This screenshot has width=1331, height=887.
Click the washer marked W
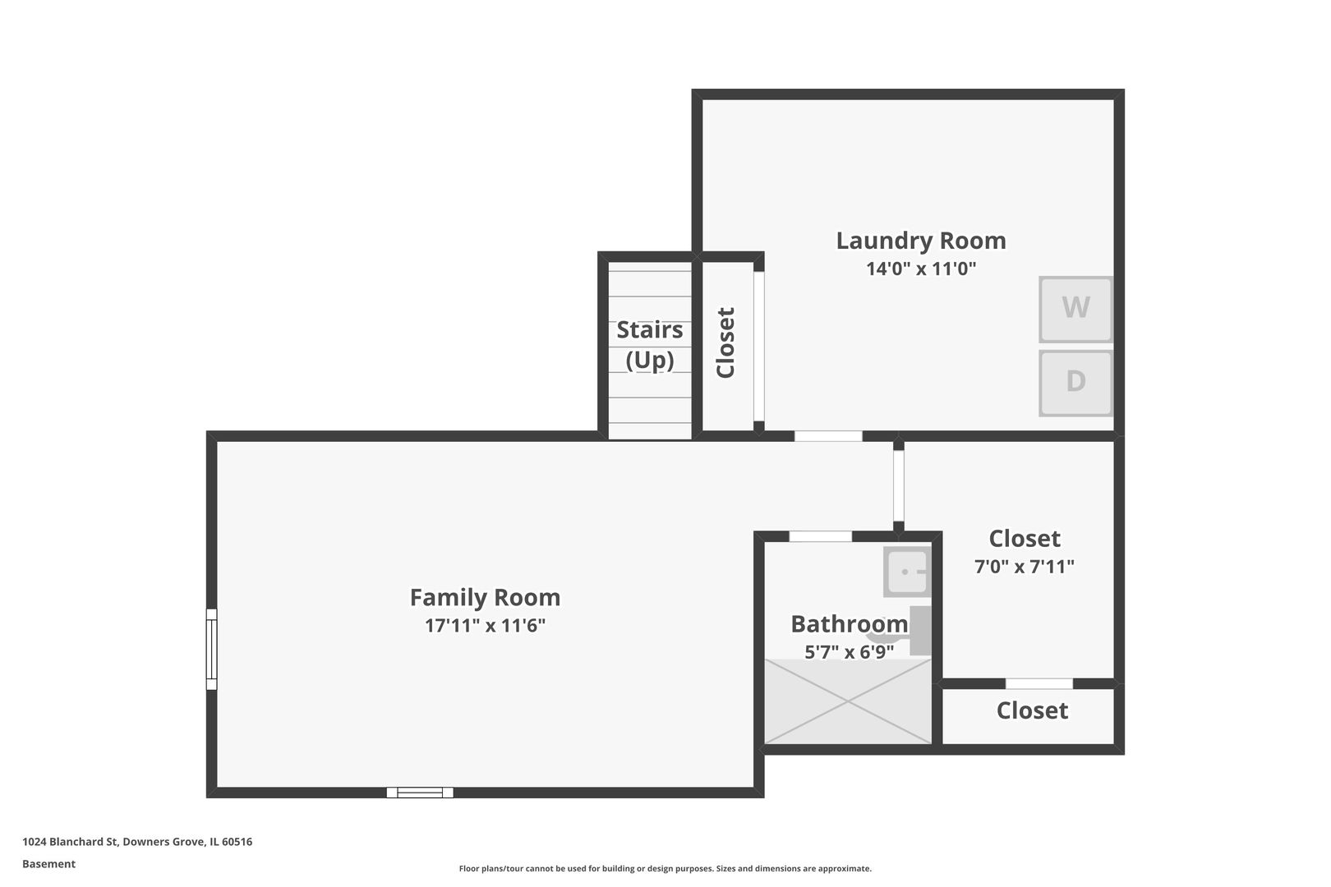[1075, 309]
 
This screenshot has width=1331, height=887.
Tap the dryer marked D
[1075, 384]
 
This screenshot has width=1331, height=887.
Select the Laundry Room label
[921, 241]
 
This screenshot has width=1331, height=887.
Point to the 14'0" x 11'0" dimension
[921, 269]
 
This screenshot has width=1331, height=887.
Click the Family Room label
[485, 597]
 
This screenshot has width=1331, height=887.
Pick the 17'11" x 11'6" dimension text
[485, 625]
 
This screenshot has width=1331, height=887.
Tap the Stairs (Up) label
[649, 345]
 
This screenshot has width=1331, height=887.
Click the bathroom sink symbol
[907, 572]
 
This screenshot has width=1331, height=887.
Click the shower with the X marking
[848, 701]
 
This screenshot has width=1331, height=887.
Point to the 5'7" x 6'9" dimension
[849, 652]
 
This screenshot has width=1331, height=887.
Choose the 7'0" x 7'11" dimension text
[1025, 566]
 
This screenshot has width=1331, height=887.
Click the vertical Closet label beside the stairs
[725, 342]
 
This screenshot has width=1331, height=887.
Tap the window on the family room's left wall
[211, 649]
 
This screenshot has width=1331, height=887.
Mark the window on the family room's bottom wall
[420, 793]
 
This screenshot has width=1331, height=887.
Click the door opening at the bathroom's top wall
[820, 536]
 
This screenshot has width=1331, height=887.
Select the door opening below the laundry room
[828, 436]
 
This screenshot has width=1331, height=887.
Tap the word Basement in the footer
[48, 864]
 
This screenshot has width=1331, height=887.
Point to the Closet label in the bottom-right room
[1032, 710]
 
